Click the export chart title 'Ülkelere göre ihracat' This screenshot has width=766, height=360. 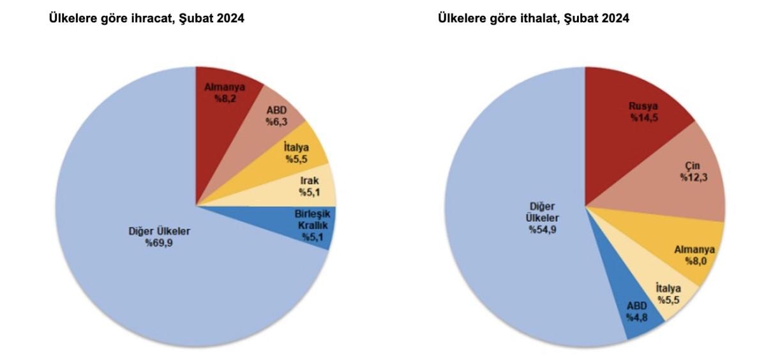(146, 19)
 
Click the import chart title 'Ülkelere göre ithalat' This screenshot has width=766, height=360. (533, 19)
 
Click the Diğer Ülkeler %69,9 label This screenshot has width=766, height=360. (160, 237)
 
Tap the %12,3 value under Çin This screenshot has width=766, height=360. (693, 176)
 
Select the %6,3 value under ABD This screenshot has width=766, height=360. (276, 121)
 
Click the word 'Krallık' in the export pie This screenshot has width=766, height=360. (311, 225)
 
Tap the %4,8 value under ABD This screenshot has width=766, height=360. (636, 317)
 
